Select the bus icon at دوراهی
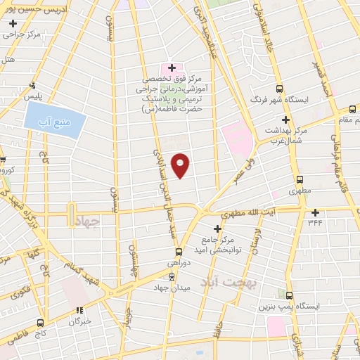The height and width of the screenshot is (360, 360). point(179,252)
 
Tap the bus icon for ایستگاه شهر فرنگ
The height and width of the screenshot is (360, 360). point(280,89)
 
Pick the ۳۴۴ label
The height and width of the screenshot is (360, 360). point(314,222)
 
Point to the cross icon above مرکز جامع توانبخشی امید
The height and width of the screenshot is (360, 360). point(217,229)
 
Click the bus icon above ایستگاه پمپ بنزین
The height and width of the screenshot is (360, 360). point(290,295)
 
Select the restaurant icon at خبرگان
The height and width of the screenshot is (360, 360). point(79,309)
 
